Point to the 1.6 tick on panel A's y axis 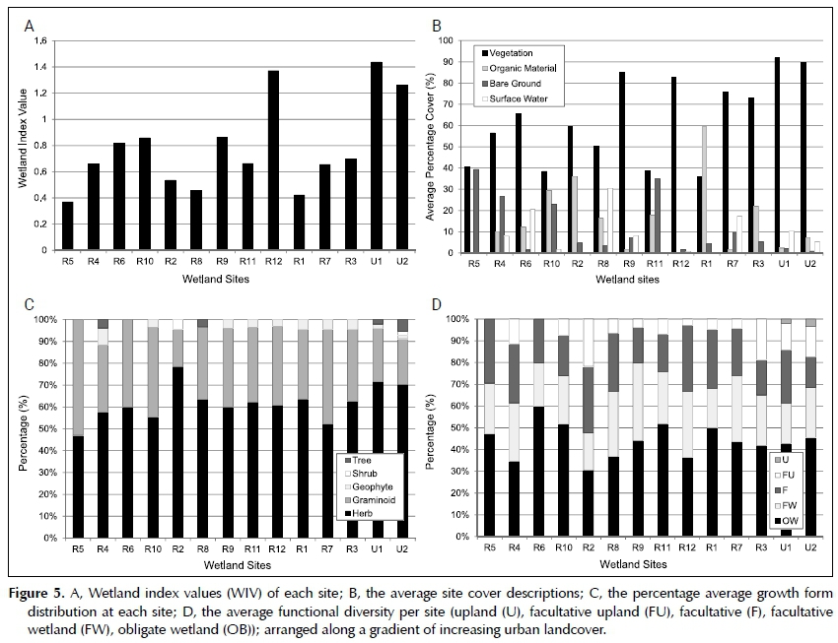(39, 41)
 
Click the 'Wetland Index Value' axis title (15, 146)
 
